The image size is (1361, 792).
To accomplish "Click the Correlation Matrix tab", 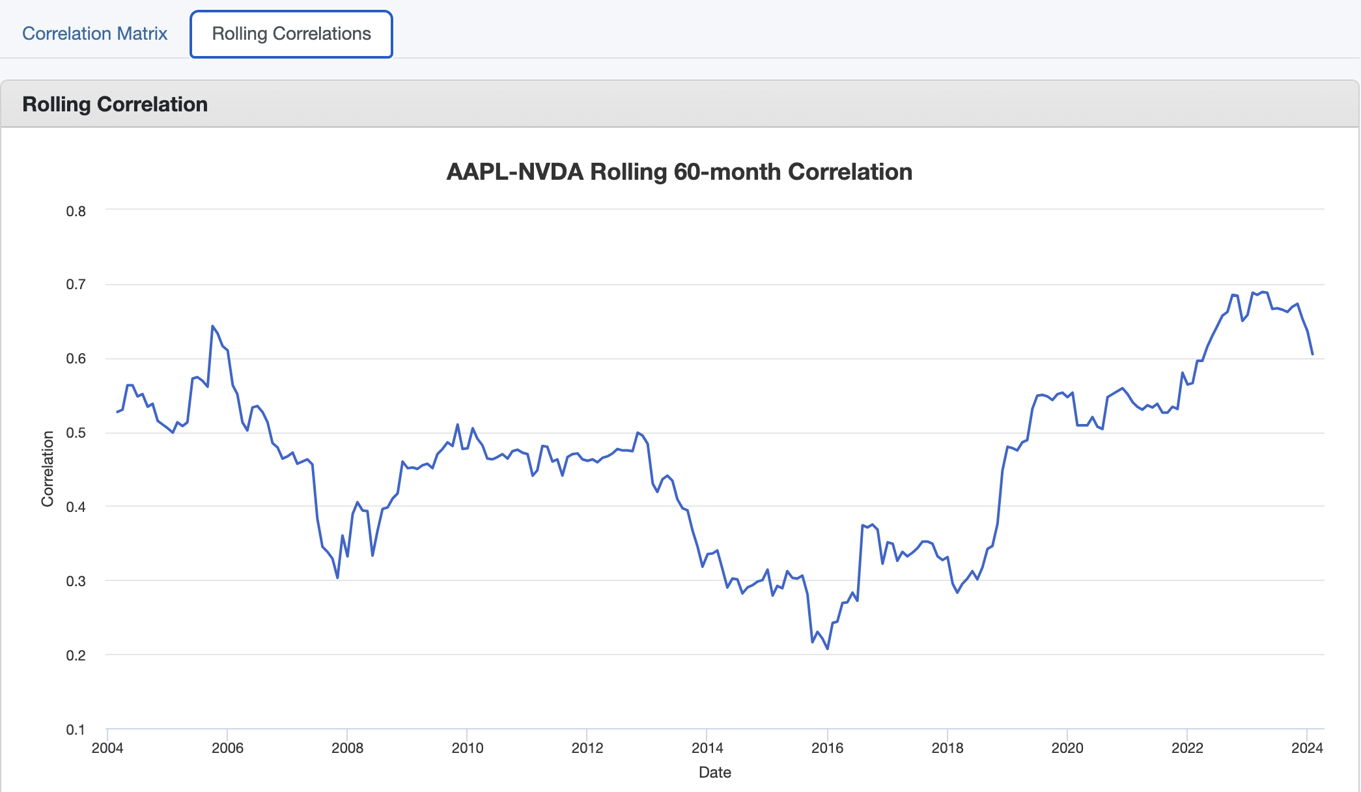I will click(x=94, y=34).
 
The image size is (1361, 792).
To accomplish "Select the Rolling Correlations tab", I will click(x=291, y=34).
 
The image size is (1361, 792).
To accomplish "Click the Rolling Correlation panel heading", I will click(x=115, y=104).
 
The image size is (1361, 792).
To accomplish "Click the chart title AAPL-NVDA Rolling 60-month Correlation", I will click(x=679, y=172).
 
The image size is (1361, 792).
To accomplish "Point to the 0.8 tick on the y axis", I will click(x=76, y=211).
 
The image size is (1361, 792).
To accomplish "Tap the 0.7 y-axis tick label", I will click(x=76, y=285).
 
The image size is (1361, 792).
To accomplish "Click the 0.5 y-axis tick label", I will click(x=76, y=433).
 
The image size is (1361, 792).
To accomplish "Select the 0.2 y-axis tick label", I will click(x=76, y=655).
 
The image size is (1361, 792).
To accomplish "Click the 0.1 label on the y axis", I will click(x=76, y=729).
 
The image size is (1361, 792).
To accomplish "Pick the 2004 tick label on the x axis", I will click(x=107, y=748).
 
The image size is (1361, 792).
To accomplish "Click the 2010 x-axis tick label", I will click(x=468, y=748).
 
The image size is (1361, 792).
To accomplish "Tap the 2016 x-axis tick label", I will click(x=827, y=748).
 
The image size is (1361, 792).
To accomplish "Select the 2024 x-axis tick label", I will click(x=1307, y=748).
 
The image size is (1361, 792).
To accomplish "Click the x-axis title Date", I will click(x=714, y=772).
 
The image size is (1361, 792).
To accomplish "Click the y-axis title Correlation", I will click(x=48, y=469).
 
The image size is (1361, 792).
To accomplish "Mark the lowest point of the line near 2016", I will click(x=828, y=649).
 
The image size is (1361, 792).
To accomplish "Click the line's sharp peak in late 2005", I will click(x=212, y=326).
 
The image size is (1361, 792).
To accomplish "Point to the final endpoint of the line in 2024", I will click(x=1312, y=354).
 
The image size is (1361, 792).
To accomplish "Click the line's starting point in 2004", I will click(x=117, y=412).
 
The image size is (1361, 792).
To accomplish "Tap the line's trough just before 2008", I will click(x=337, y=578).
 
